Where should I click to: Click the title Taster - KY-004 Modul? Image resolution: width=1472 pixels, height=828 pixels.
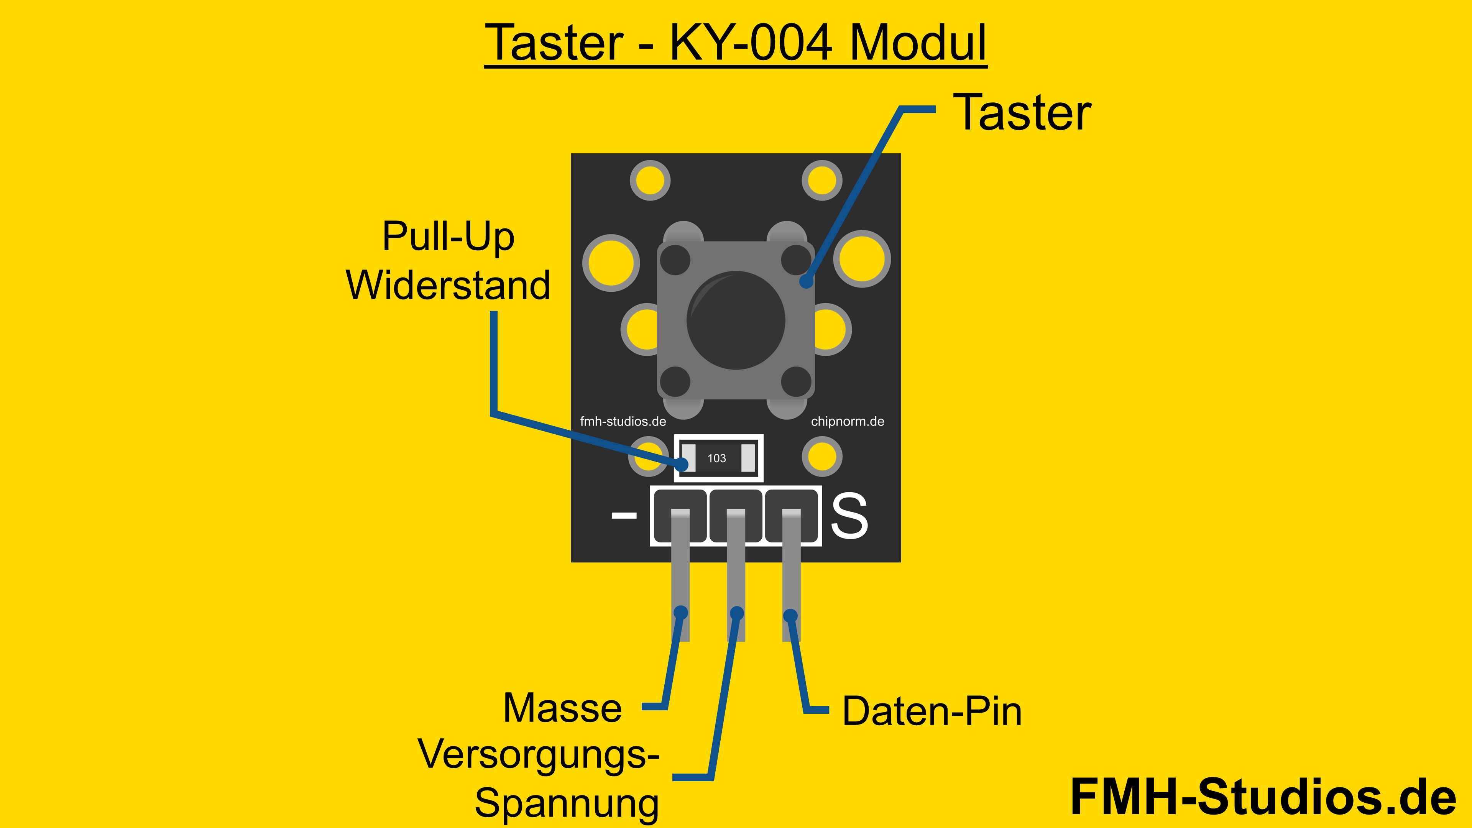click(x=736, y=43)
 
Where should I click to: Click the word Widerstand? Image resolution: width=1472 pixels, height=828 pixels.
click(x=448, y=285)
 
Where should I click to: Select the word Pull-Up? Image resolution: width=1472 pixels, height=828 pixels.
click(x=448, y=236)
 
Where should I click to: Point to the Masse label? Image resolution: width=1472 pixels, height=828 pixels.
click(x=562, y=708)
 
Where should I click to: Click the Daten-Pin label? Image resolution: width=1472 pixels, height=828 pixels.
click(x=932, y=711)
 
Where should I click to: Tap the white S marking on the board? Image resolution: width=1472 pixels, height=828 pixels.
click(x=849, y=517)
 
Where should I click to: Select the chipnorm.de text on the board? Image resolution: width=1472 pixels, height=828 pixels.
click(x=848, y=422)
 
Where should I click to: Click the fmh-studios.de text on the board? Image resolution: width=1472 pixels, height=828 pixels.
click(x=623, y=422)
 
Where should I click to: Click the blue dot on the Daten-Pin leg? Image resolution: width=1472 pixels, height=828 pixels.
click(x=790, y=615)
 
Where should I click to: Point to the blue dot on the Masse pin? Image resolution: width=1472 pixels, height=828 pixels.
click(x=680, y=613)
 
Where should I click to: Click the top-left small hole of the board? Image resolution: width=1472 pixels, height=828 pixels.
click(x=650, y=181)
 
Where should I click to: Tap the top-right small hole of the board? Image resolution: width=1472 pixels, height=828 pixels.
click(x=822, y=181)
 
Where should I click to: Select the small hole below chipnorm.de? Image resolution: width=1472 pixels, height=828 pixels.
click(x=822, y=457)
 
